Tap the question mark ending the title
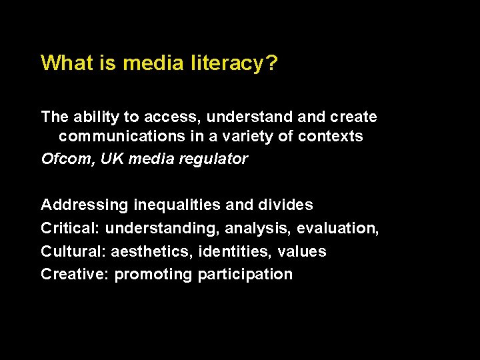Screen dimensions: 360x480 click(x=272, y=63)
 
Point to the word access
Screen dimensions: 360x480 click(x=174, y=117)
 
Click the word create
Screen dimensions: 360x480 click(x=352, y=117)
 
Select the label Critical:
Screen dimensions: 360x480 click(x=70, y=229)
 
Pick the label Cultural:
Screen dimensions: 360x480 click(x=73, y=252)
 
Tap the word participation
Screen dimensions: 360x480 click(x=245, y=275)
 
